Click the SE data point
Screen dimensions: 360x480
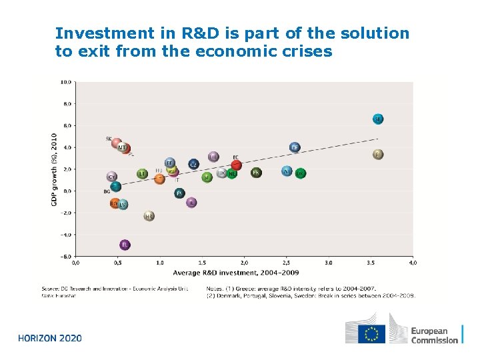(378, 119)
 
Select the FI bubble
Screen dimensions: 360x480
(378, 155)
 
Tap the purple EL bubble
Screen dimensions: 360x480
(125, 245)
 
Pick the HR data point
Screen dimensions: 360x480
(149, 216)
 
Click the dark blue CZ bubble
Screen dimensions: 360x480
(193, 164)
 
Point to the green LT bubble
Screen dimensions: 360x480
(143, 173)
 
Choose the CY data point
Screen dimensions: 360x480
(112, 177)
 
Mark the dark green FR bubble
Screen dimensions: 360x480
(256, 173)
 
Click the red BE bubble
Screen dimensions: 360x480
(236, 165)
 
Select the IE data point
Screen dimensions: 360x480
(191, 202)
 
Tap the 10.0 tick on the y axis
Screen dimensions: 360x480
(67, 82)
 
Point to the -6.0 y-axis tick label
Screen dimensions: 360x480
(67, 256)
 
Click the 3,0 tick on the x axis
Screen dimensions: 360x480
(329, 263)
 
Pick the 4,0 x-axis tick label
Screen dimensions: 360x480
(413, 263)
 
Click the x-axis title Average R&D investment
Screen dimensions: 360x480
(235, 273)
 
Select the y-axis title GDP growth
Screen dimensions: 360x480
(54, 169)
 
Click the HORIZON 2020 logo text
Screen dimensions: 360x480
(50, 338)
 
